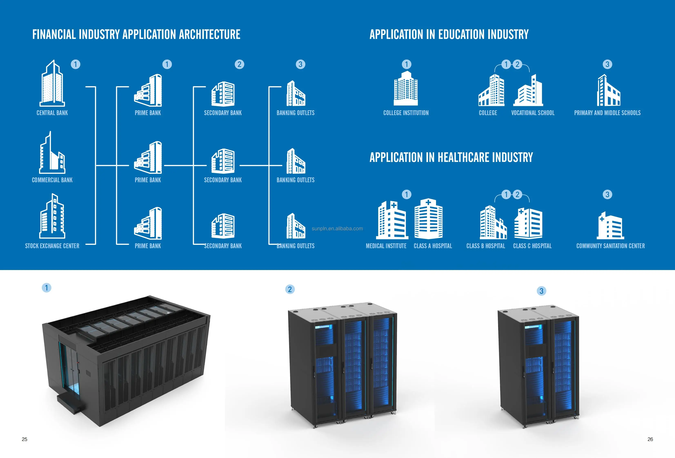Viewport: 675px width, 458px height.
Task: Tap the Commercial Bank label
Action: click(52, 180)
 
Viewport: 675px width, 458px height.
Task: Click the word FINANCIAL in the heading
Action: click(54, 34)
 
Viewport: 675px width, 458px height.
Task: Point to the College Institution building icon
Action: click(406, 89)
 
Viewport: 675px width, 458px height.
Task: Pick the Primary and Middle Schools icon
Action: click(608, 91)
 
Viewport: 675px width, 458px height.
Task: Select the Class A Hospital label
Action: click(433, 246)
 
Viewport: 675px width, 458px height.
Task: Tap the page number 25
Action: click(25, 439)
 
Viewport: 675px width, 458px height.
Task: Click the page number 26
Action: click(650, 439)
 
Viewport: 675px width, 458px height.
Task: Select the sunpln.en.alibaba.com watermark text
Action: click(337, 229)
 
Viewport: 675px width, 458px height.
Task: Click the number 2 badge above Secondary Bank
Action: click(239, 64)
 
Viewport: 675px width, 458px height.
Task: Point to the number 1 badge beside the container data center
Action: click(47, 288)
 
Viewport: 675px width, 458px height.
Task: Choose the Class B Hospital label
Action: click(486, 246)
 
